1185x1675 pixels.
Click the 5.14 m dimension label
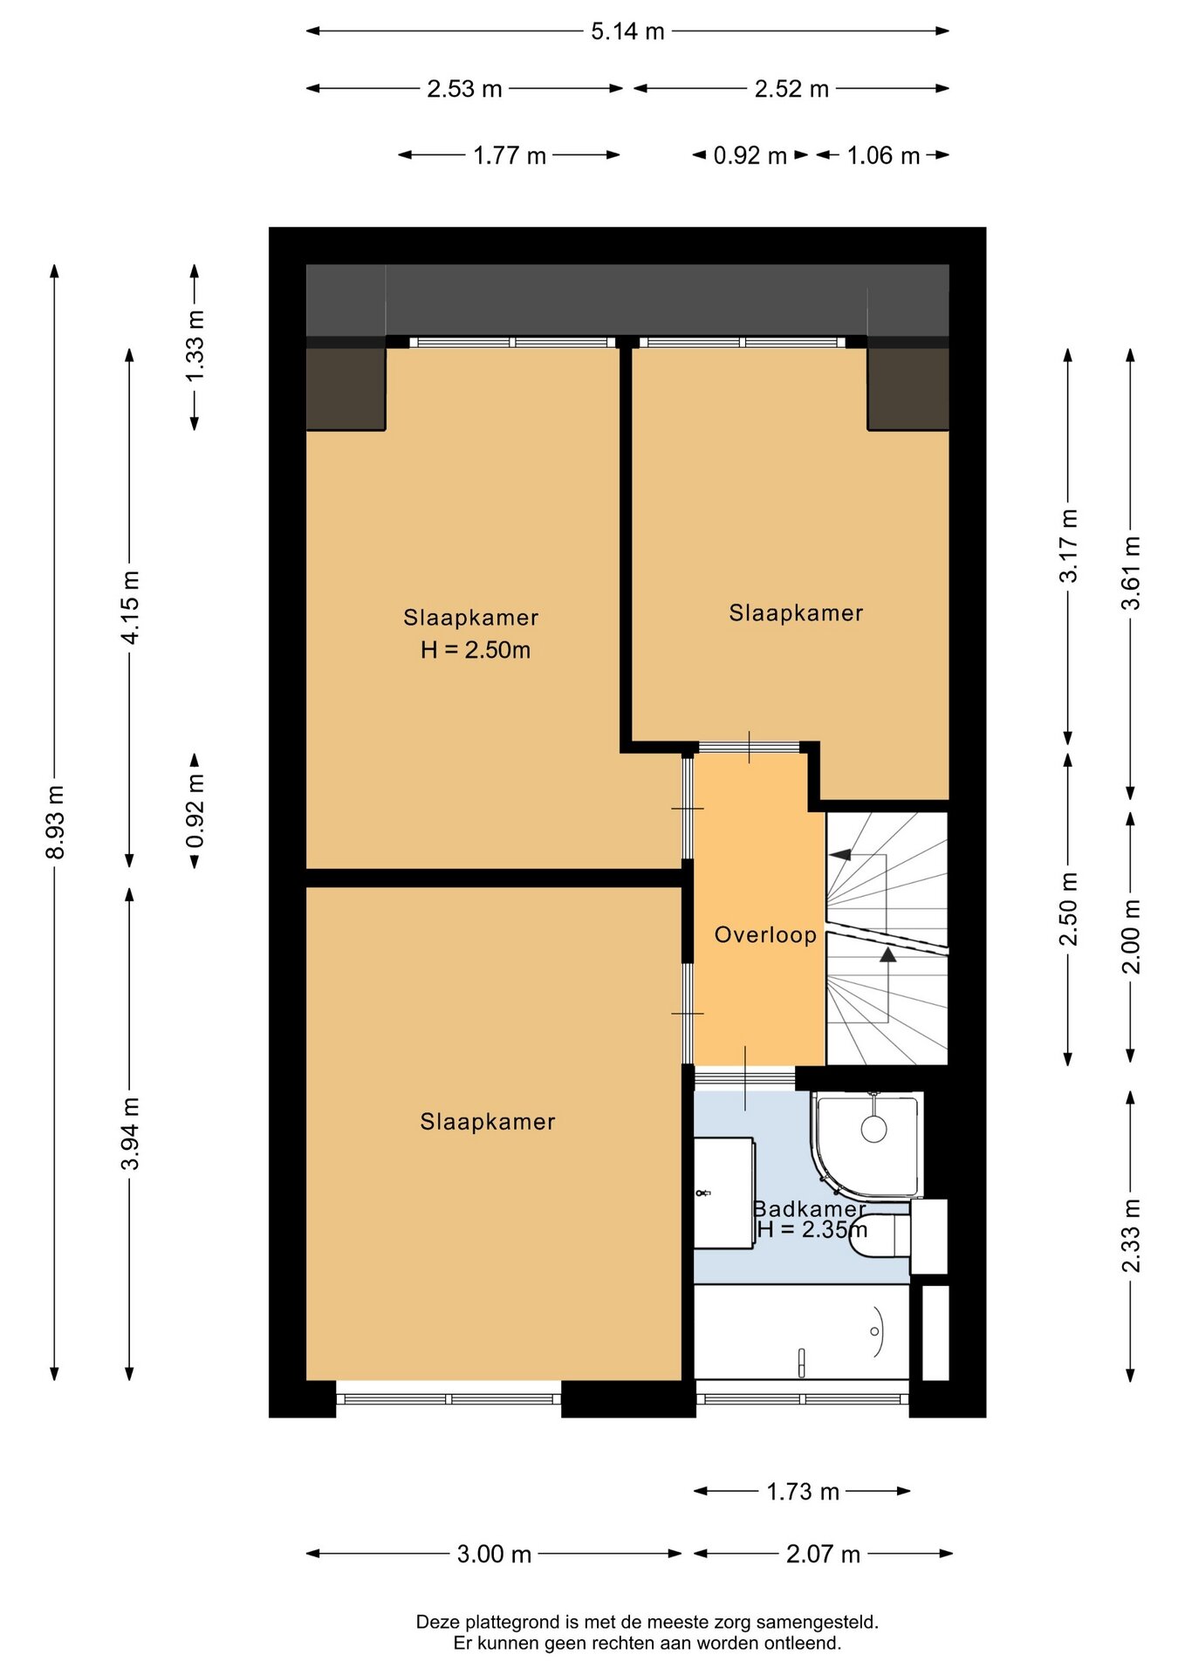click(x=627, y=31)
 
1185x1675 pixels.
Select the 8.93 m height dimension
click(x=55, y=822)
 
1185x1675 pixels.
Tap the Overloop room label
click(x=765, y=935)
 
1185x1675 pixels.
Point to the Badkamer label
click(x=809, y=1208)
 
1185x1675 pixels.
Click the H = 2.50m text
click(x=476, y=650)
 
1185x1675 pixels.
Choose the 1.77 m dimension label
click(x=510, y=155)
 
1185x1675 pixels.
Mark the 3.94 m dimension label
click(x=130, y=1134)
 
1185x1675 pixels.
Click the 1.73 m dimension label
click(x=803, y=1492)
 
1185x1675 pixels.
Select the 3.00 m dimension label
click(x=494, y=1555)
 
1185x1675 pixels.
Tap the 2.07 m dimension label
click(x=823, y=1555)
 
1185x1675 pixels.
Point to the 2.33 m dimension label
click(x=1131, y=1235)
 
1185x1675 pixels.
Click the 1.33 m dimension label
click(x=195, y=345)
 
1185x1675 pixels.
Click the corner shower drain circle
click(x=873, y=1129)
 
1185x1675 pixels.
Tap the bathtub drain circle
click(x=874, y=1331)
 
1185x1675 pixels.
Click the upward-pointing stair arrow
click(x=888, y=954)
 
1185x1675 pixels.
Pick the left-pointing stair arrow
click(x=839, y=855)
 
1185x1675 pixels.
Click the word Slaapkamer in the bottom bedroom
click(x=488, y=1122)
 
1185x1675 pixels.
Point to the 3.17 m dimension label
click(x=1068, y=546)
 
